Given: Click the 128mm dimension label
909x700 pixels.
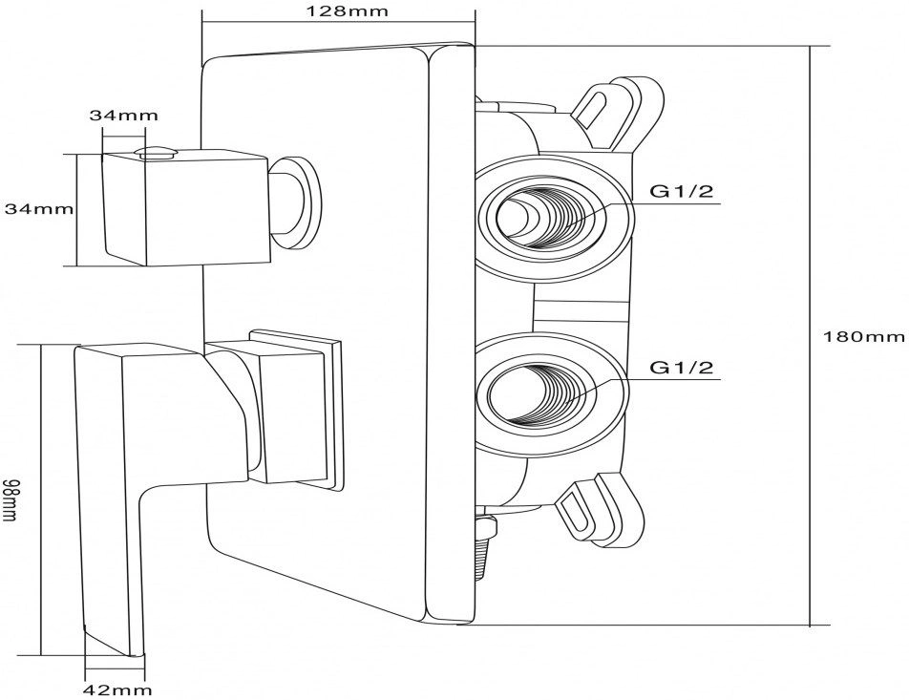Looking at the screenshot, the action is pyautogui.click(x=338, y=11).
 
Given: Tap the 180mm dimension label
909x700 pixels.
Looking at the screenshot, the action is pyautogui.click(x=864, y=336).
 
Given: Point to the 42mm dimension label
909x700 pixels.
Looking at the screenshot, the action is pyautogui.click(x=117, y=689).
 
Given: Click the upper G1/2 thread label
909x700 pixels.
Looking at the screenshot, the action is pyautogui.click(x=681, y=191).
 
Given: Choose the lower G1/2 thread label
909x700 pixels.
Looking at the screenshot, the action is pyautogui.click(x=681, y=367).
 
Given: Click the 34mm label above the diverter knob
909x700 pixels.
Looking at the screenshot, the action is pyautogui.click(x=123, y=115).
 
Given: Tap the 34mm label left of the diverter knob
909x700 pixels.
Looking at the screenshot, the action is pyautogui.click(x=39, y=208).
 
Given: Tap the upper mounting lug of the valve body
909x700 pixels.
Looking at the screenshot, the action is pyautogui.click(x=618, y=110).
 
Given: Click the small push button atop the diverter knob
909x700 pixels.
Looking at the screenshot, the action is pyautogui.click(x=156, y=152).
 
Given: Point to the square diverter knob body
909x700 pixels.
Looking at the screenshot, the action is pyautogui.click(x=185, y=207).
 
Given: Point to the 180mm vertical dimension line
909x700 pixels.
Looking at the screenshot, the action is pyautogui.click(x=810, y=336).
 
